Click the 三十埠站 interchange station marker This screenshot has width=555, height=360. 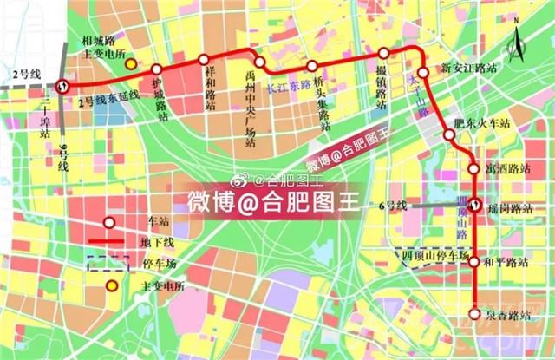point(62,85)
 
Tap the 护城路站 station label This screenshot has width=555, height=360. point(158,94)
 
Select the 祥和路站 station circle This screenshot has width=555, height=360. point(204,60)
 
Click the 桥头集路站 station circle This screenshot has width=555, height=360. point(311,66)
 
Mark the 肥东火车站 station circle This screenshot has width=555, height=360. point(449,134)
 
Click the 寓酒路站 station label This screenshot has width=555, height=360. point(507,169)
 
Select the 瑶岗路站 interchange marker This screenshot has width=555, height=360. point(475,206)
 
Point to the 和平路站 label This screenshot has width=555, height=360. point(506,260)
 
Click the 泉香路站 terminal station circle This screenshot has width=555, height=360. point(474,314)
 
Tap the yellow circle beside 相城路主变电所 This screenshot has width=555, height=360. point(130,63)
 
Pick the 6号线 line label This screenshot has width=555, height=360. point(393,206)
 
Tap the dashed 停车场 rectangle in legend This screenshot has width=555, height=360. point(107,263)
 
